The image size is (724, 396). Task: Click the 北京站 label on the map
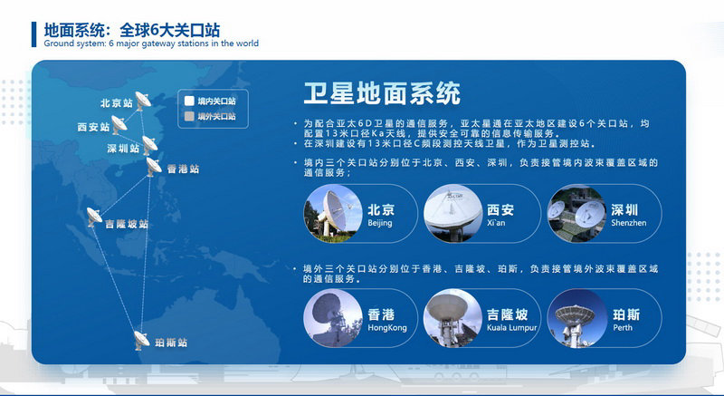117,103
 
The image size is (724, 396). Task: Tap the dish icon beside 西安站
119,125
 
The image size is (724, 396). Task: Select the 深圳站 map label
123,149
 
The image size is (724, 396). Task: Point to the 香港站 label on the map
183,169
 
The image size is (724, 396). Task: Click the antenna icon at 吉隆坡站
94,217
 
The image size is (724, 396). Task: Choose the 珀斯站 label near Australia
171,343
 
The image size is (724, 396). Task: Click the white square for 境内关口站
189,101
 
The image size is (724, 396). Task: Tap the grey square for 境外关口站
189,116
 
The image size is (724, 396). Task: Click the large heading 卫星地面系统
382,93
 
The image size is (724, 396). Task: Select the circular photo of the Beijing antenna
333,214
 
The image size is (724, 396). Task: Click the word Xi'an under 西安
496,223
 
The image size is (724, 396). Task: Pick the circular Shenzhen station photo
576,214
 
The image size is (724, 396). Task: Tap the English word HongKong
387,328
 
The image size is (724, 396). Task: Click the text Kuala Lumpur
511,328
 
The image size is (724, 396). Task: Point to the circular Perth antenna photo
576,318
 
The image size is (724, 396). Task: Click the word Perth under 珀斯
623,328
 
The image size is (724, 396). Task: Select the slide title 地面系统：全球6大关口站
132,31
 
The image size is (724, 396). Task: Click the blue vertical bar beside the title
33,34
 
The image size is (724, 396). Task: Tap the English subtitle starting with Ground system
151,43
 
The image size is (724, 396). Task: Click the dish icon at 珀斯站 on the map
141,340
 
